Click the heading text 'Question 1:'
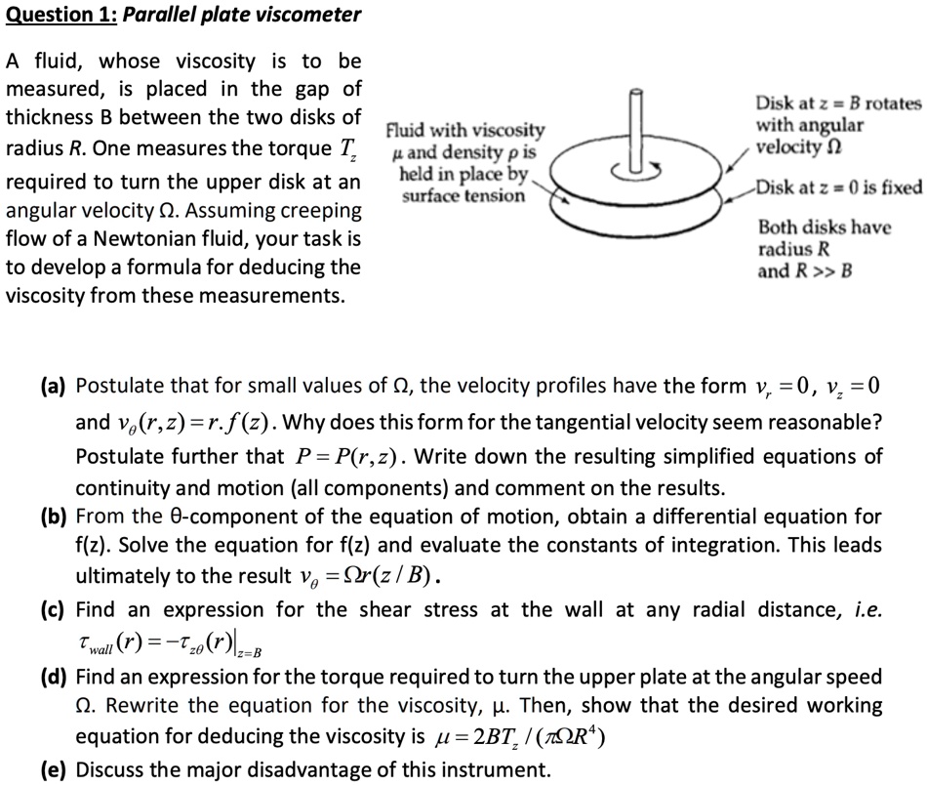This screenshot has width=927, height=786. coord(60,15)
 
